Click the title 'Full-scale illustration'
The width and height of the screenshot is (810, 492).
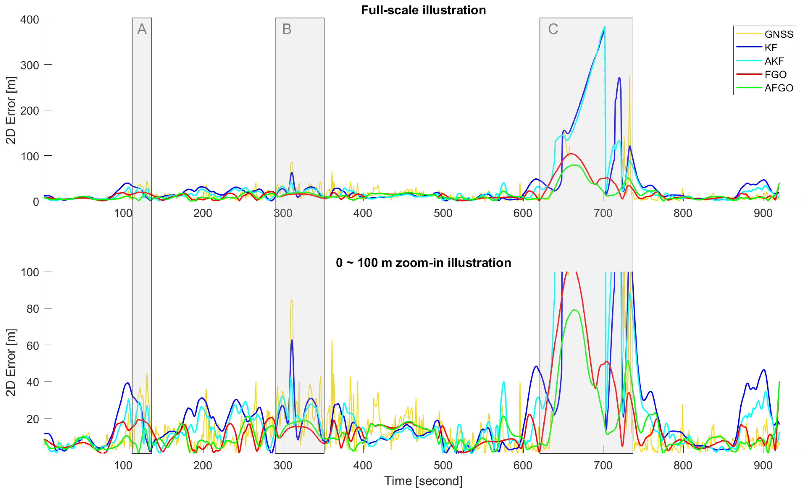423,10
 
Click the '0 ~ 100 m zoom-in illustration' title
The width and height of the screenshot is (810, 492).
423,263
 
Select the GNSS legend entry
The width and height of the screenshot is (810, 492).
778,34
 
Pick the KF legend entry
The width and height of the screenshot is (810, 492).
771,48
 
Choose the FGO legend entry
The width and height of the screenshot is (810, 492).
775,75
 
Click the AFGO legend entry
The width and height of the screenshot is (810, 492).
778,88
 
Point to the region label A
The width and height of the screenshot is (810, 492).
142,29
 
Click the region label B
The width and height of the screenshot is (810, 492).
287,29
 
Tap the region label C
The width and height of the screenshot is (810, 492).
553,29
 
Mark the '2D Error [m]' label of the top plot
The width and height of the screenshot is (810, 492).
11,110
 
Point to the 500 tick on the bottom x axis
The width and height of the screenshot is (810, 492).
443,465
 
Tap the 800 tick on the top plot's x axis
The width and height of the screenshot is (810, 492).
683,213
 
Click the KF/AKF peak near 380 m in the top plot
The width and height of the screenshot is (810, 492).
604,27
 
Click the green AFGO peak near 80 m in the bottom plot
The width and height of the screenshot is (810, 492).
574,310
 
